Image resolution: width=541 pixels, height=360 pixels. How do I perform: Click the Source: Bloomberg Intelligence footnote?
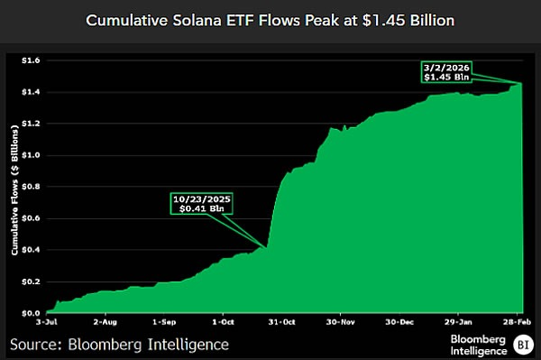pos(119,344)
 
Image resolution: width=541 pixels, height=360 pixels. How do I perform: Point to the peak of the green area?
pos(523,84)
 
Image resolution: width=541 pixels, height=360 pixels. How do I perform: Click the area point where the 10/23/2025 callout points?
pos(267,247)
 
